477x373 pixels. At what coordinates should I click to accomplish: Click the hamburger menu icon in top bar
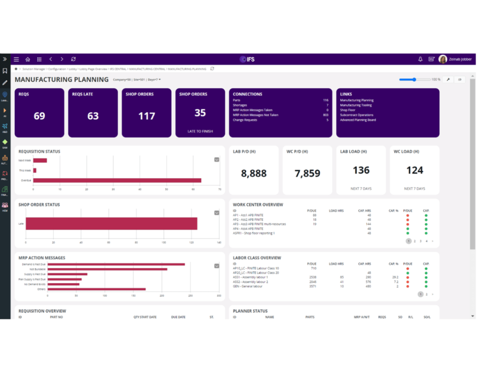(16, 60)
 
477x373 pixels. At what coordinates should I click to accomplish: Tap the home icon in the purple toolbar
(28, 60)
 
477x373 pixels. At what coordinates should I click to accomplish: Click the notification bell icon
(420, 60)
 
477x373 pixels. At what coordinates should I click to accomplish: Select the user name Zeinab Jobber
(460, 60)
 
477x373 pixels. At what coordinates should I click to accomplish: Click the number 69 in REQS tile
(39, 116)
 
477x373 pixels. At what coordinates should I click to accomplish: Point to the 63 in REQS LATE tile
(93, 116)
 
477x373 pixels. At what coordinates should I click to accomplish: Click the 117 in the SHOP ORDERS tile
(146, 116)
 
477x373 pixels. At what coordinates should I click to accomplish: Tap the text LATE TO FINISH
(200, 131)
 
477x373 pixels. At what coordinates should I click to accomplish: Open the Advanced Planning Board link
(358, 120)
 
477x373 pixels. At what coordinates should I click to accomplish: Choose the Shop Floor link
(347, 110)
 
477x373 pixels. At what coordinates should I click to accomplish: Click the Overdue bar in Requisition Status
(117, 180)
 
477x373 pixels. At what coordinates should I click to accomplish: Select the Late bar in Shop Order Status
(111, 224)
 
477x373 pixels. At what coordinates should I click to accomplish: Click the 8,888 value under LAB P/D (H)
(254, 173)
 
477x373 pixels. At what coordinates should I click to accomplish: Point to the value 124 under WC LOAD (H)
(415, 170)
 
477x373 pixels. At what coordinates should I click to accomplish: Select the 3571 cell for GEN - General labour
(312, 286)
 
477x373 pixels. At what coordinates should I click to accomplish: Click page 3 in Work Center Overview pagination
(420, 241)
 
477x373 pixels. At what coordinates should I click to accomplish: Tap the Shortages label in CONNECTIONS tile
(240, 105)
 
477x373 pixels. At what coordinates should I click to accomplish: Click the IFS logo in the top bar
(247, 60)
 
